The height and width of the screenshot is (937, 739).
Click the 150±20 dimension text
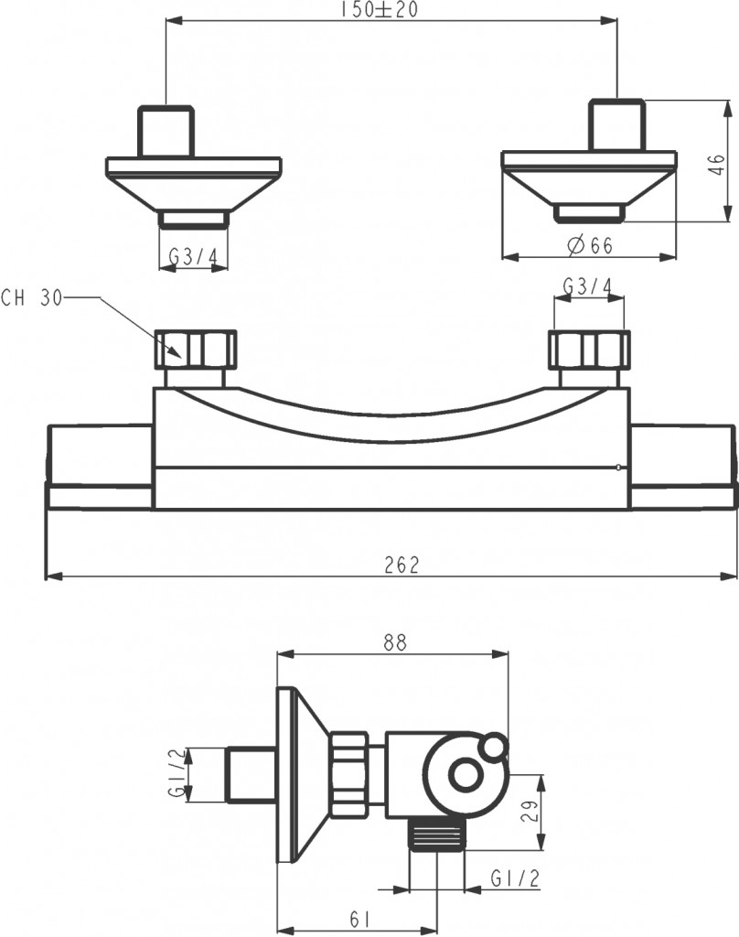[x=379, y=10]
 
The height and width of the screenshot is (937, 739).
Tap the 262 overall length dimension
[x=402, y=565]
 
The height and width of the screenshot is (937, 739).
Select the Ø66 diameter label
[x=590, y=245]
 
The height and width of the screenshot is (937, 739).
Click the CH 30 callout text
[x=32, y=297]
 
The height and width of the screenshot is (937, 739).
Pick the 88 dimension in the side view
[x=395, y=642]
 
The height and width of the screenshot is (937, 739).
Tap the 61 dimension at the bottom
[x=359, y=920]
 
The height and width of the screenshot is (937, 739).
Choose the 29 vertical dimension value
[x=530, y=811]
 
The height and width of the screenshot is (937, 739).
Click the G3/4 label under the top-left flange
[x=194, y=257]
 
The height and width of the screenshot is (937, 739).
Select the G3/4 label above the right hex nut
[x=588, y=287]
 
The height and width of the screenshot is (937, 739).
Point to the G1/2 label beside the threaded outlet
[x=515, y=878]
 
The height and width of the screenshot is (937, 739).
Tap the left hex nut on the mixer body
[x=196, y=349]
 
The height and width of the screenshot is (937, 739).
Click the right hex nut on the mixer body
[x=589, y=350]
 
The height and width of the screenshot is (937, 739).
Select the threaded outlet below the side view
[x=436, y=835]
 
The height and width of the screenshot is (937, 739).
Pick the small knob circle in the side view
[x=495, y=748]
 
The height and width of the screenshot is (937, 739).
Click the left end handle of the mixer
[x=100, y=467]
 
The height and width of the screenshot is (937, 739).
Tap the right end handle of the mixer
[x=682, y=467]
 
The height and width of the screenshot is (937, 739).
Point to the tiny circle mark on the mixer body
[x=617, y=468]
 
